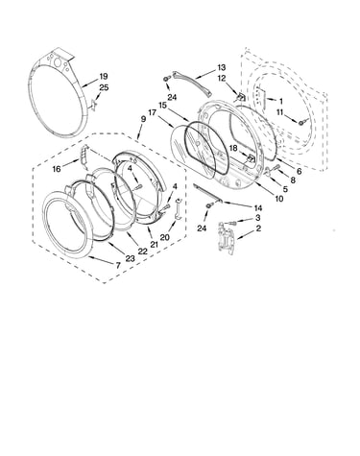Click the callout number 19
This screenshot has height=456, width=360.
[103, 76]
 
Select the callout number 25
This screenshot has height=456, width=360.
[104, 87]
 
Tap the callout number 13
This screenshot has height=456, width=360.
[222, 67]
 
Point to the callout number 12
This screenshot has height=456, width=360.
[222, 78]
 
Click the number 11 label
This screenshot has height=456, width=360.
[280, 112]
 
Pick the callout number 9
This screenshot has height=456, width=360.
[143, 119]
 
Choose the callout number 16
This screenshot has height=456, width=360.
[57, 169]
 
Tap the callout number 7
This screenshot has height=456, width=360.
[118, 265]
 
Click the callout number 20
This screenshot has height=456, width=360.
[164, 237]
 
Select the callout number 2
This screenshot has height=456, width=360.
[258, 228]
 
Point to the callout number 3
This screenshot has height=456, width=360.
[258, 218]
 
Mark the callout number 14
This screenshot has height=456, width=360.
[258, 208]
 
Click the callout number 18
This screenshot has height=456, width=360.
[233, 148]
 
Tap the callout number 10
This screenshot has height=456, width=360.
[279, 199]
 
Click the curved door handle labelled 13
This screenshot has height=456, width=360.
[193, 84]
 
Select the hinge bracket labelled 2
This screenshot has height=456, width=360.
[227, 238]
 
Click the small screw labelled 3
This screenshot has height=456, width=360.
[231, 222]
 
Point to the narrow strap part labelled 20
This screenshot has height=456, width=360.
[179, 209]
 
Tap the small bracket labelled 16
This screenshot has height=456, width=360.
[84, 157]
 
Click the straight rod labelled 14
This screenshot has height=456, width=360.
[208, 193]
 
